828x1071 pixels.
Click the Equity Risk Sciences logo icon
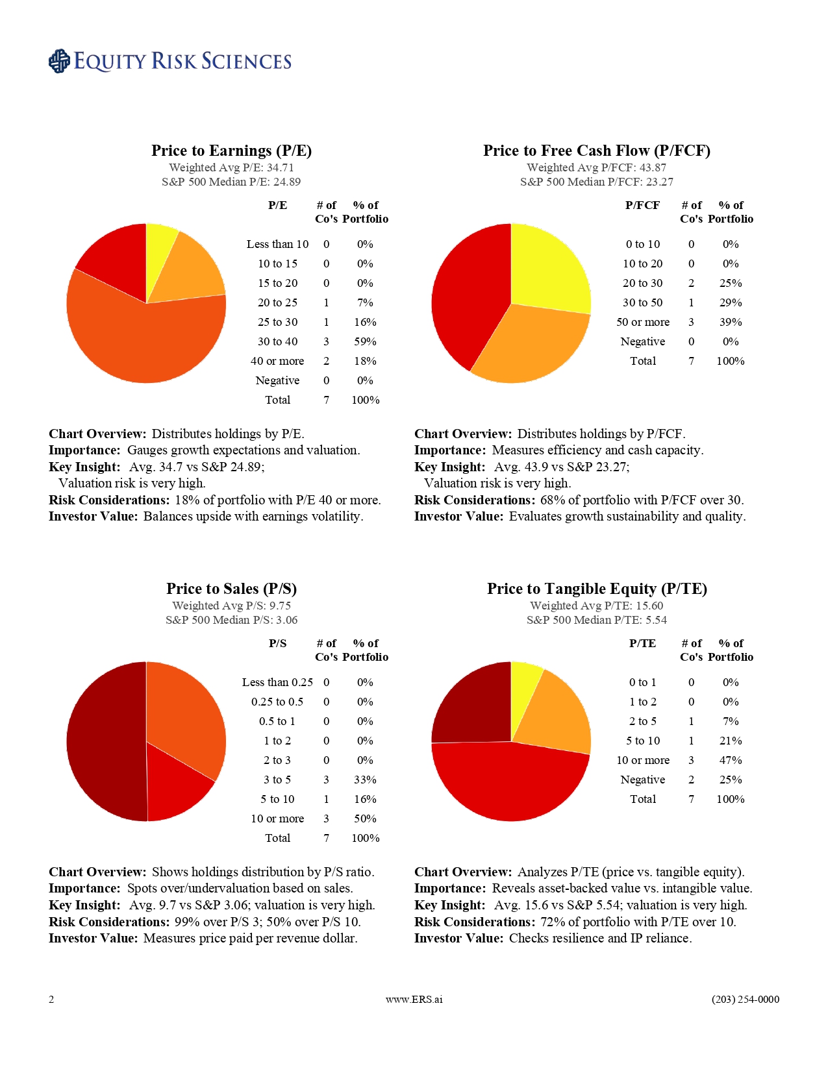59,61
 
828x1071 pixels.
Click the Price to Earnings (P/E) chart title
231,151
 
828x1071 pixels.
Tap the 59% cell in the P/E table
365,341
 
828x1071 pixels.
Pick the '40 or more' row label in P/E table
277,361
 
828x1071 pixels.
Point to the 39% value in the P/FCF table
731,322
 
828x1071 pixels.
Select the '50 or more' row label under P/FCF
643,322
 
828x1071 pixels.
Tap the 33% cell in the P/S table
365,780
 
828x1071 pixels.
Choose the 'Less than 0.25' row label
277,682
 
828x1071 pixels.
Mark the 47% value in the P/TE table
731,760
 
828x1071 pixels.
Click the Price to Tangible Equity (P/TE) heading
597,589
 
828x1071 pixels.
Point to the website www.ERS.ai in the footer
414,1000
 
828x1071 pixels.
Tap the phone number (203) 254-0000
745,1000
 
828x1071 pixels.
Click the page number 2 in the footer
51,1000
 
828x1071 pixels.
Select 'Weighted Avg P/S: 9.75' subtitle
231,606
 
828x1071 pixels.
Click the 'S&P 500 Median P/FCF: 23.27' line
597,182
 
